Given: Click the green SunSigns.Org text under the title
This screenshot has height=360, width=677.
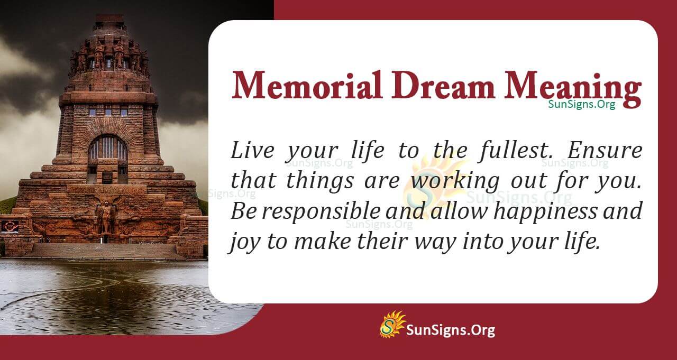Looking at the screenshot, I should (581, 104).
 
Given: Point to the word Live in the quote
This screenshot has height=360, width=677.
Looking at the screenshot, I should (252, 151).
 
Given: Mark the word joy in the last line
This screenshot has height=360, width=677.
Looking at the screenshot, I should (242, 242).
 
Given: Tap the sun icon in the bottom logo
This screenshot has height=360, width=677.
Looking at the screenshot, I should (392, 325).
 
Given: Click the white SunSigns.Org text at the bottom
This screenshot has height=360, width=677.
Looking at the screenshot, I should (450, 330).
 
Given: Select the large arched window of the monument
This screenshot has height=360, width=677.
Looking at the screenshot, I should (107, 149).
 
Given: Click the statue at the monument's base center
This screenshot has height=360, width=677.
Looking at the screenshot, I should (106, 217).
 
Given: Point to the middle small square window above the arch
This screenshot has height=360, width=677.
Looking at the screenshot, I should (108, 112).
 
